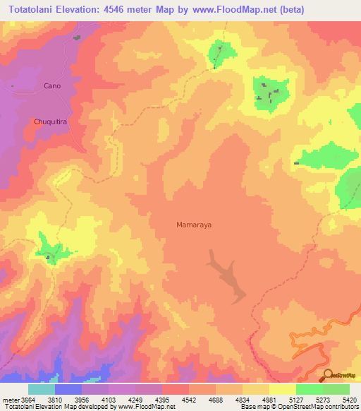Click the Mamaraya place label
click(193, 225)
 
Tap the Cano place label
click(52, 85)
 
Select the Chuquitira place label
click(50, 121)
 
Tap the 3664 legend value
click(28, 400)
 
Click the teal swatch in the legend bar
click(42, 389)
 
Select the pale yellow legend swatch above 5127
click(282, 389)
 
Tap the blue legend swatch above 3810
click(68, 389)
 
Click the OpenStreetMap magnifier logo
click(327, 374)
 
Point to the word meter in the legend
click(11, 400)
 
